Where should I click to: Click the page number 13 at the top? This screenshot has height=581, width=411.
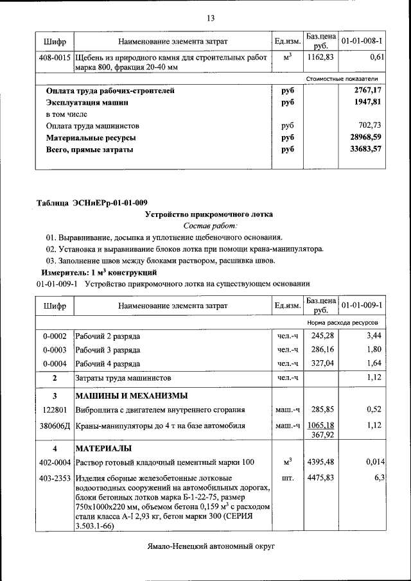point(210,17)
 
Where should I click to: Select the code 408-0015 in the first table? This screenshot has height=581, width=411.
point(55,58)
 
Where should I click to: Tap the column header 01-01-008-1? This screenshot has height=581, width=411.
point(362,41)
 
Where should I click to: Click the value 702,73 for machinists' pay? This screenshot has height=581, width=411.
point(371,126)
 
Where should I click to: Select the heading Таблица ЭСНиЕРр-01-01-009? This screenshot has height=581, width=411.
point(92,204)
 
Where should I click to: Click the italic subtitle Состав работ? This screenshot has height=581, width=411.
point(210,226)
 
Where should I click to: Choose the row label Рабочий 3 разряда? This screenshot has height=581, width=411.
point(107,350)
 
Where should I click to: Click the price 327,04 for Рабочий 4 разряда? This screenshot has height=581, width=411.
point(323,363)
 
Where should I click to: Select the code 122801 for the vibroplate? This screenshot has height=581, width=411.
point(55,409)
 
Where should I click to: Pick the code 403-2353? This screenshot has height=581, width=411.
point(55,478)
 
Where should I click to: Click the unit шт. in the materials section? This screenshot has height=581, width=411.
point(287,478)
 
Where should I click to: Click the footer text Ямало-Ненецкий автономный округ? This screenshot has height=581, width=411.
point(209,546)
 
